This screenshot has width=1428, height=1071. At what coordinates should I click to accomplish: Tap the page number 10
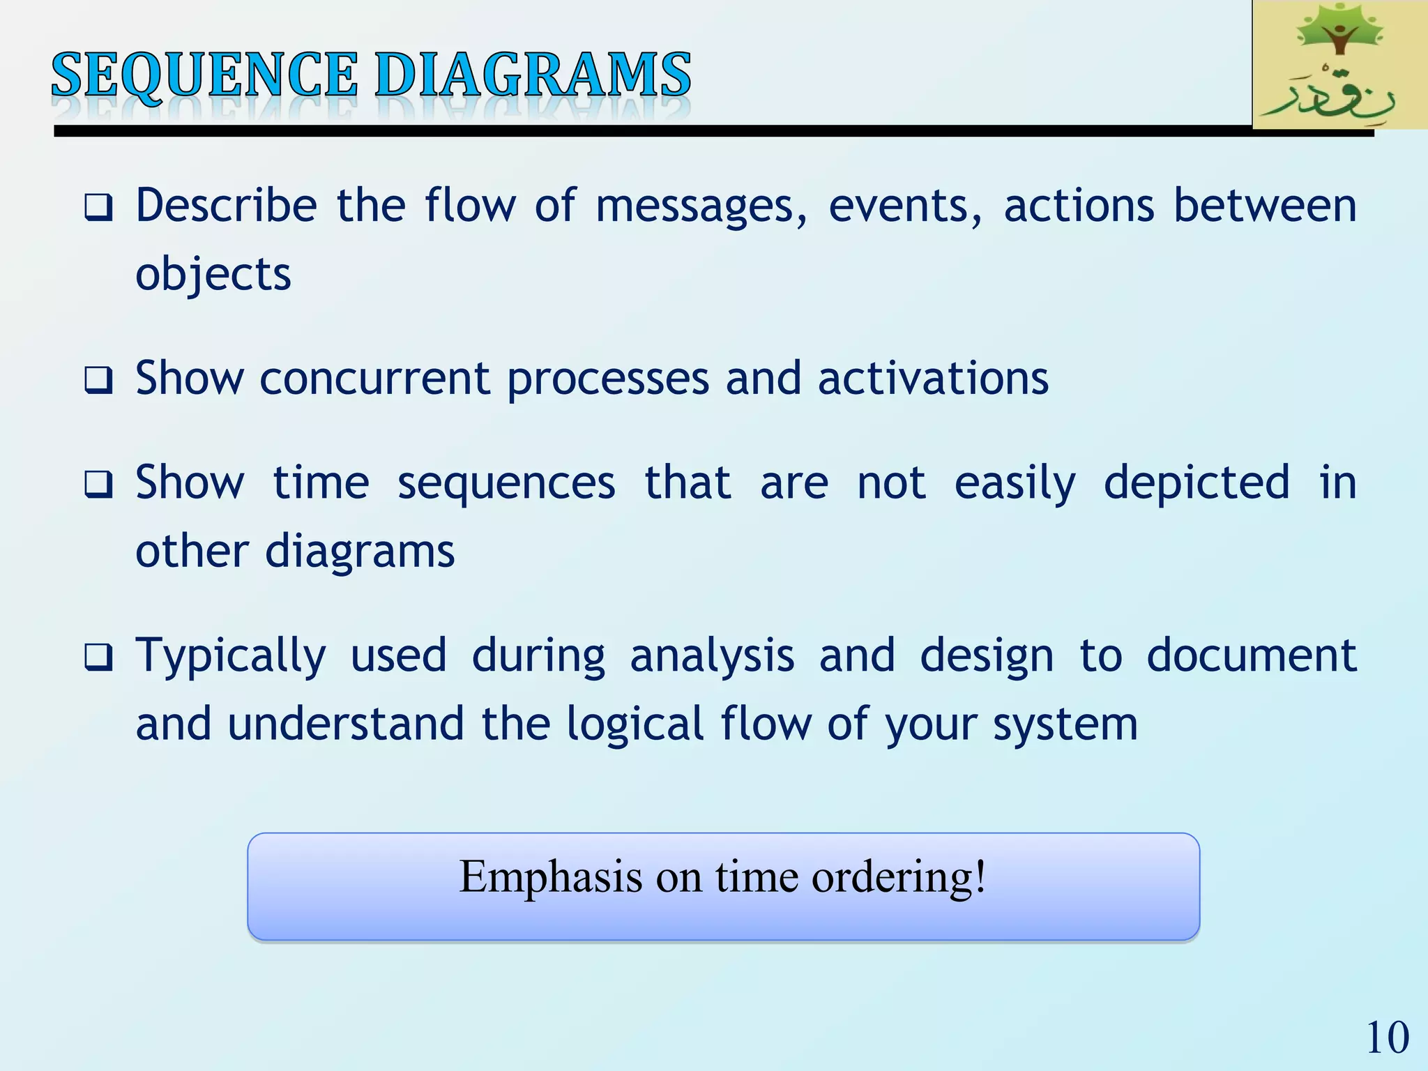click(x=1387, y=1038)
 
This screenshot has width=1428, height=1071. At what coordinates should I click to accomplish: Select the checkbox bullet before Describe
click(x=98, y=208)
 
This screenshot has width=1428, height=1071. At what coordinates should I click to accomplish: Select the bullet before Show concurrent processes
click(x=98, y=381)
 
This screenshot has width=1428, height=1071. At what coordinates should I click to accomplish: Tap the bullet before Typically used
click(x=98, y=658)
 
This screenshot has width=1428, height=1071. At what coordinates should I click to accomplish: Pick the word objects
click(x=213, y=274)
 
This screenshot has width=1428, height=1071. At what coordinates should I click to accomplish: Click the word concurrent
click(x=375, y=379)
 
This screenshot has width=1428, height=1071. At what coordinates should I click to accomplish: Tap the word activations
click(x=933, y=379)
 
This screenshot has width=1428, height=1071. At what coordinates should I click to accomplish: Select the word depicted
click(x=1197, y=483)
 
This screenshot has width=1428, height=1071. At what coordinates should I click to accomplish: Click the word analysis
click(x=712, y=656)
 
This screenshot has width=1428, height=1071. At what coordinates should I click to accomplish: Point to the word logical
click(x=635, y=724)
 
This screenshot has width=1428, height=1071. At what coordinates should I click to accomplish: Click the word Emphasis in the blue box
click(x=551, y=877)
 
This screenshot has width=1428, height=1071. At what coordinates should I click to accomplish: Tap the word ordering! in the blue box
click(x=899, y=877)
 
